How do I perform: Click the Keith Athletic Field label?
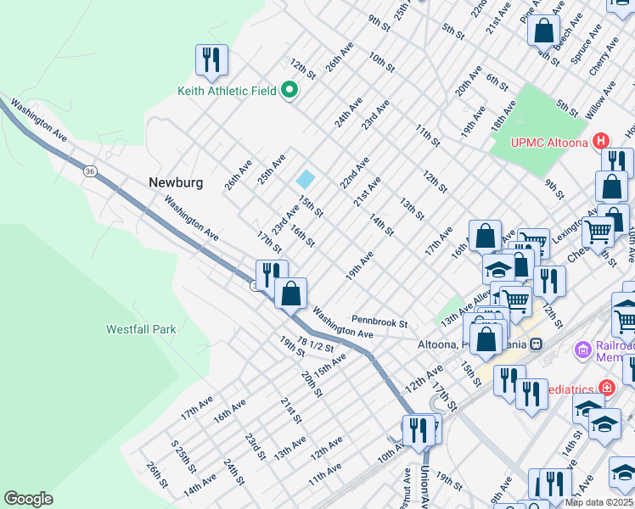227,90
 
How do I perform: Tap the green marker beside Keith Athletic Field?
289,89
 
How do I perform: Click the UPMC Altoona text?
548,142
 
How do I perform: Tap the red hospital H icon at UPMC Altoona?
601,141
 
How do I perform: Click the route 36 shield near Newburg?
90,171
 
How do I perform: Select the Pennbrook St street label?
380,323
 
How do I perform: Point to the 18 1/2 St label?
314,344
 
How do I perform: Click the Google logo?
29,499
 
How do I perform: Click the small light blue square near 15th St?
305,180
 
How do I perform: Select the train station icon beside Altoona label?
536,344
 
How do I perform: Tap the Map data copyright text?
598,502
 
